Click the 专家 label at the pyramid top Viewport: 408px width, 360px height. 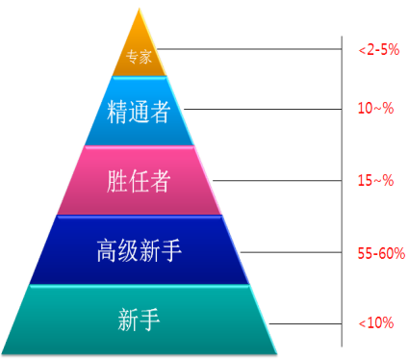(x=140, y=57)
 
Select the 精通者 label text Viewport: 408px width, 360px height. (x=140, y=113)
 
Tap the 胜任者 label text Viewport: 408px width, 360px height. (x=140, y=179)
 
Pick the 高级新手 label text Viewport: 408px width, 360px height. (x=140, y=251)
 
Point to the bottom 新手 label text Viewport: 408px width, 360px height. (x=140, y=319)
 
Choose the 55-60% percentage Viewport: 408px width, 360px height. (x=377, y=254)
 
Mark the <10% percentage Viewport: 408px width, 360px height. (x=374, y=323)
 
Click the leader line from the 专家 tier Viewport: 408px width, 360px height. (x=250, y=47)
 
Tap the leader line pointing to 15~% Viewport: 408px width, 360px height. (x=279, y=179)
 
